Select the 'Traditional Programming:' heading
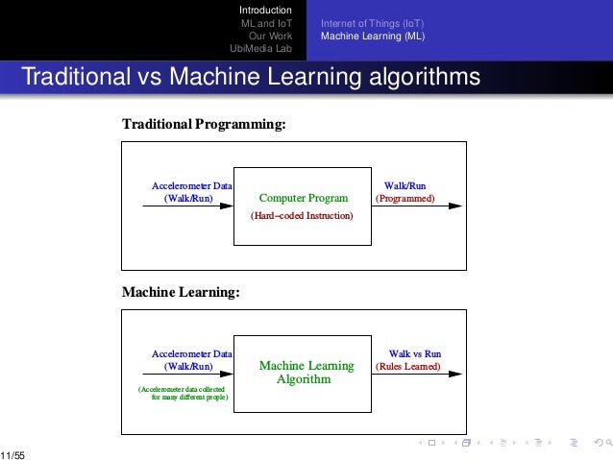tap(204, 125)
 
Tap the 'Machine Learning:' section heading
tap(181, 292)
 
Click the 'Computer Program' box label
tap(304, 200)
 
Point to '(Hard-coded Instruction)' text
tap(302, 217)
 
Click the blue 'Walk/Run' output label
tap(405, 184)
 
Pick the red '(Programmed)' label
tap(405, 199)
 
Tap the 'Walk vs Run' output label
tap(414, 353)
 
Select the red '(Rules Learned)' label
tap(408, 367)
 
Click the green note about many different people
tap(184, 393)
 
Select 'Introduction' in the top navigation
tap(265, 10)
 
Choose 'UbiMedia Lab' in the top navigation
tap(260, 49)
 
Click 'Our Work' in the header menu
tap(270, 36)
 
